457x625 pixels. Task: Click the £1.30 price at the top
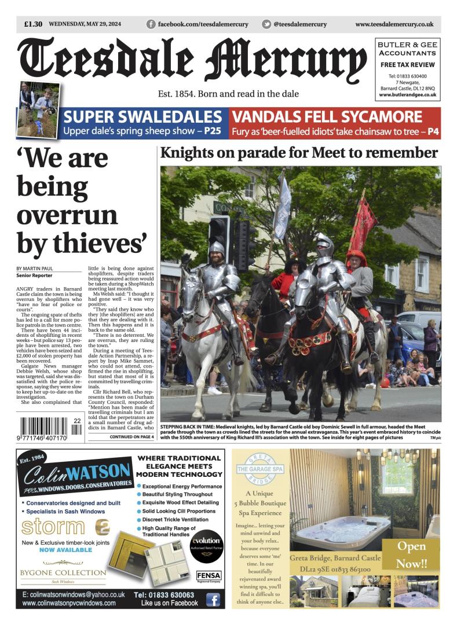tap(34, 24)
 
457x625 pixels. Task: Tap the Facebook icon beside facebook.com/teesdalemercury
tap(151, 24)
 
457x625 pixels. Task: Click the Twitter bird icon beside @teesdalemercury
tap(266, 24)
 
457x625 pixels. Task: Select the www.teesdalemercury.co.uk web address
tap(394, 24)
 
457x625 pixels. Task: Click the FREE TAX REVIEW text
tap(408, 64)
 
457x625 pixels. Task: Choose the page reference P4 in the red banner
tap(433, 131)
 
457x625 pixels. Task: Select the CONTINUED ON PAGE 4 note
tap(131, 436)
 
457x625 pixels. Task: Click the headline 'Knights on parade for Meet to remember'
tap(299, 153)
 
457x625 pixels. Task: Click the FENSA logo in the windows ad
tap(209, 576)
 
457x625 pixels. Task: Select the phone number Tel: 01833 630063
tap(164, 595)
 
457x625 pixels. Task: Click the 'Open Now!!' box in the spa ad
tap(412, 554)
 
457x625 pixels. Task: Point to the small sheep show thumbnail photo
tap(38, 110)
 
